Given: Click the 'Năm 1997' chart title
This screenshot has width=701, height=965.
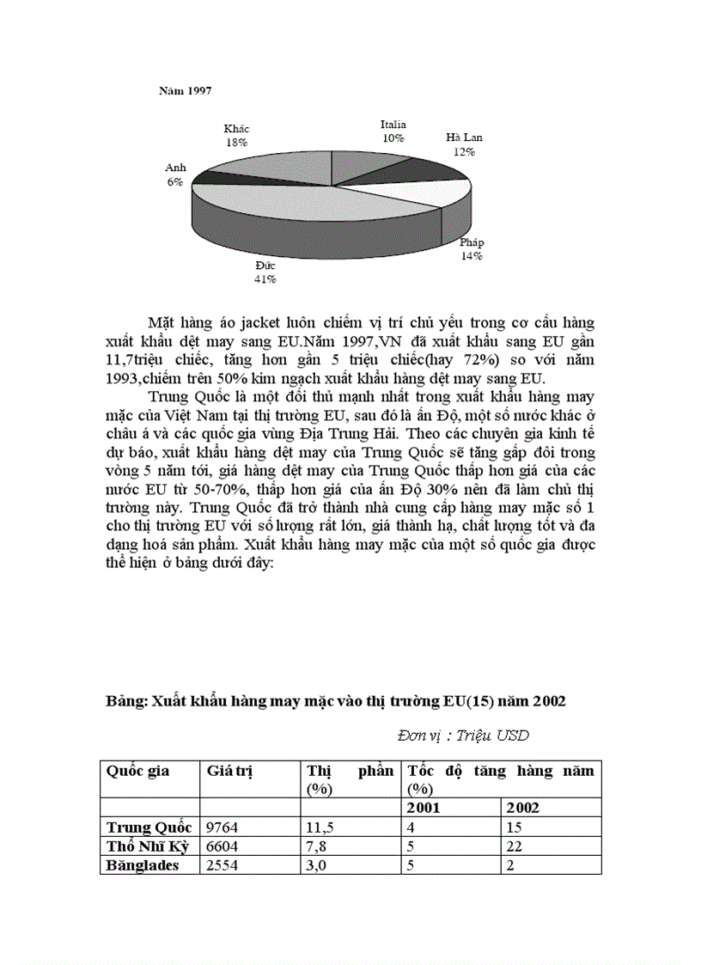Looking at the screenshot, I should [185, 89].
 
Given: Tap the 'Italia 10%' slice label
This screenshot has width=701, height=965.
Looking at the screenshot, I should [393, 131].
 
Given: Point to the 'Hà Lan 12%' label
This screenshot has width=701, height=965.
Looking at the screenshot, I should [464, 144].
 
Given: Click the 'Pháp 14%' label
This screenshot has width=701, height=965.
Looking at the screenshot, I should [471, 249].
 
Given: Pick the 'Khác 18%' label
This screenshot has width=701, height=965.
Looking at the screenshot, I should [236, 136].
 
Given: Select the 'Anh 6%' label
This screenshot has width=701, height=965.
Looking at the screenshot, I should [175, 175].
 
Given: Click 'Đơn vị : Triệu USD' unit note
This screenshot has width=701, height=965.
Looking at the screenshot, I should [463, 736].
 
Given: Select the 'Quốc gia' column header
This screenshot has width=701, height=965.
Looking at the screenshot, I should [138, 771].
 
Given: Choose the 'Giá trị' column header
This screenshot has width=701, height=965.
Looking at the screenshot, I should [229, 771].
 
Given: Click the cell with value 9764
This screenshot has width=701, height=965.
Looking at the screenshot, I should [222, 828].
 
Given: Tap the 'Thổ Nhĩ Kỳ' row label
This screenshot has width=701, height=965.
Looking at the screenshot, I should [148, 846].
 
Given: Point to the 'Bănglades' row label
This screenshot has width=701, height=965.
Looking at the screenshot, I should [143, 865].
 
